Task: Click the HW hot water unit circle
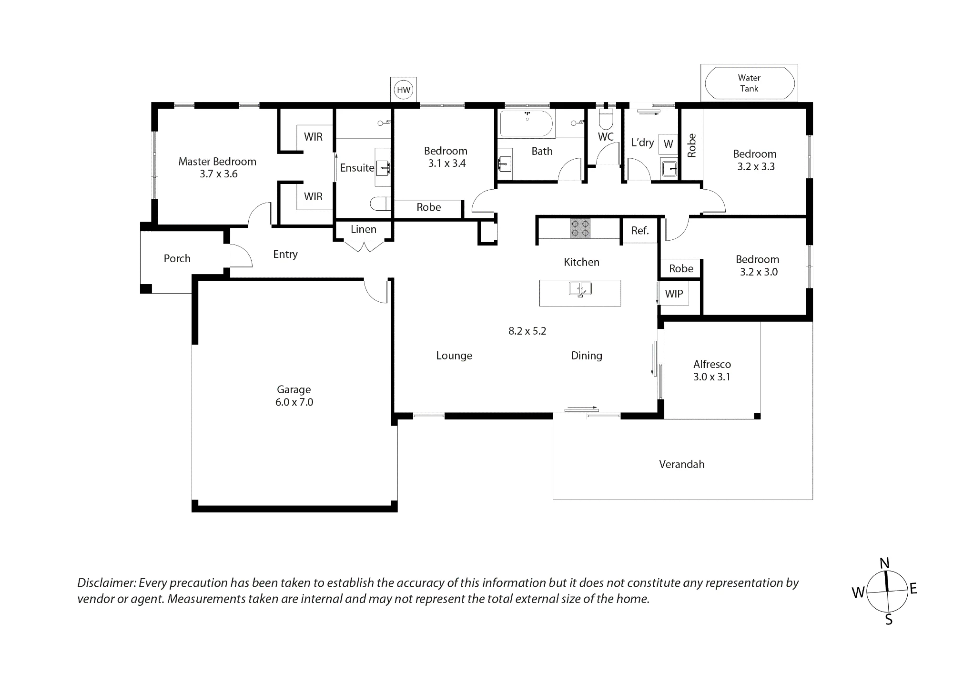404,90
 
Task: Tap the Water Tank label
749,83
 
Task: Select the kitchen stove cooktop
580,228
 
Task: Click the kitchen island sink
580,289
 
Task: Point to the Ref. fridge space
640,231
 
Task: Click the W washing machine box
669,144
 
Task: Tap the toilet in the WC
606,120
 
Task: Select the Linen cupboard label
364,229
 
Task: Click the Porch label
177,258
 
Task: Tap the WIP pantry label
674,294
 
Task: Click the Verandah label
682,464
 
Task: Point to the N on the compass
884,563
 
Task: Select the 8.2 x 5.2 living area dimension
527,331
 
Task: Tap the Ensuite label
357,168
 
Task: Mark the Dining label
587,356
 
